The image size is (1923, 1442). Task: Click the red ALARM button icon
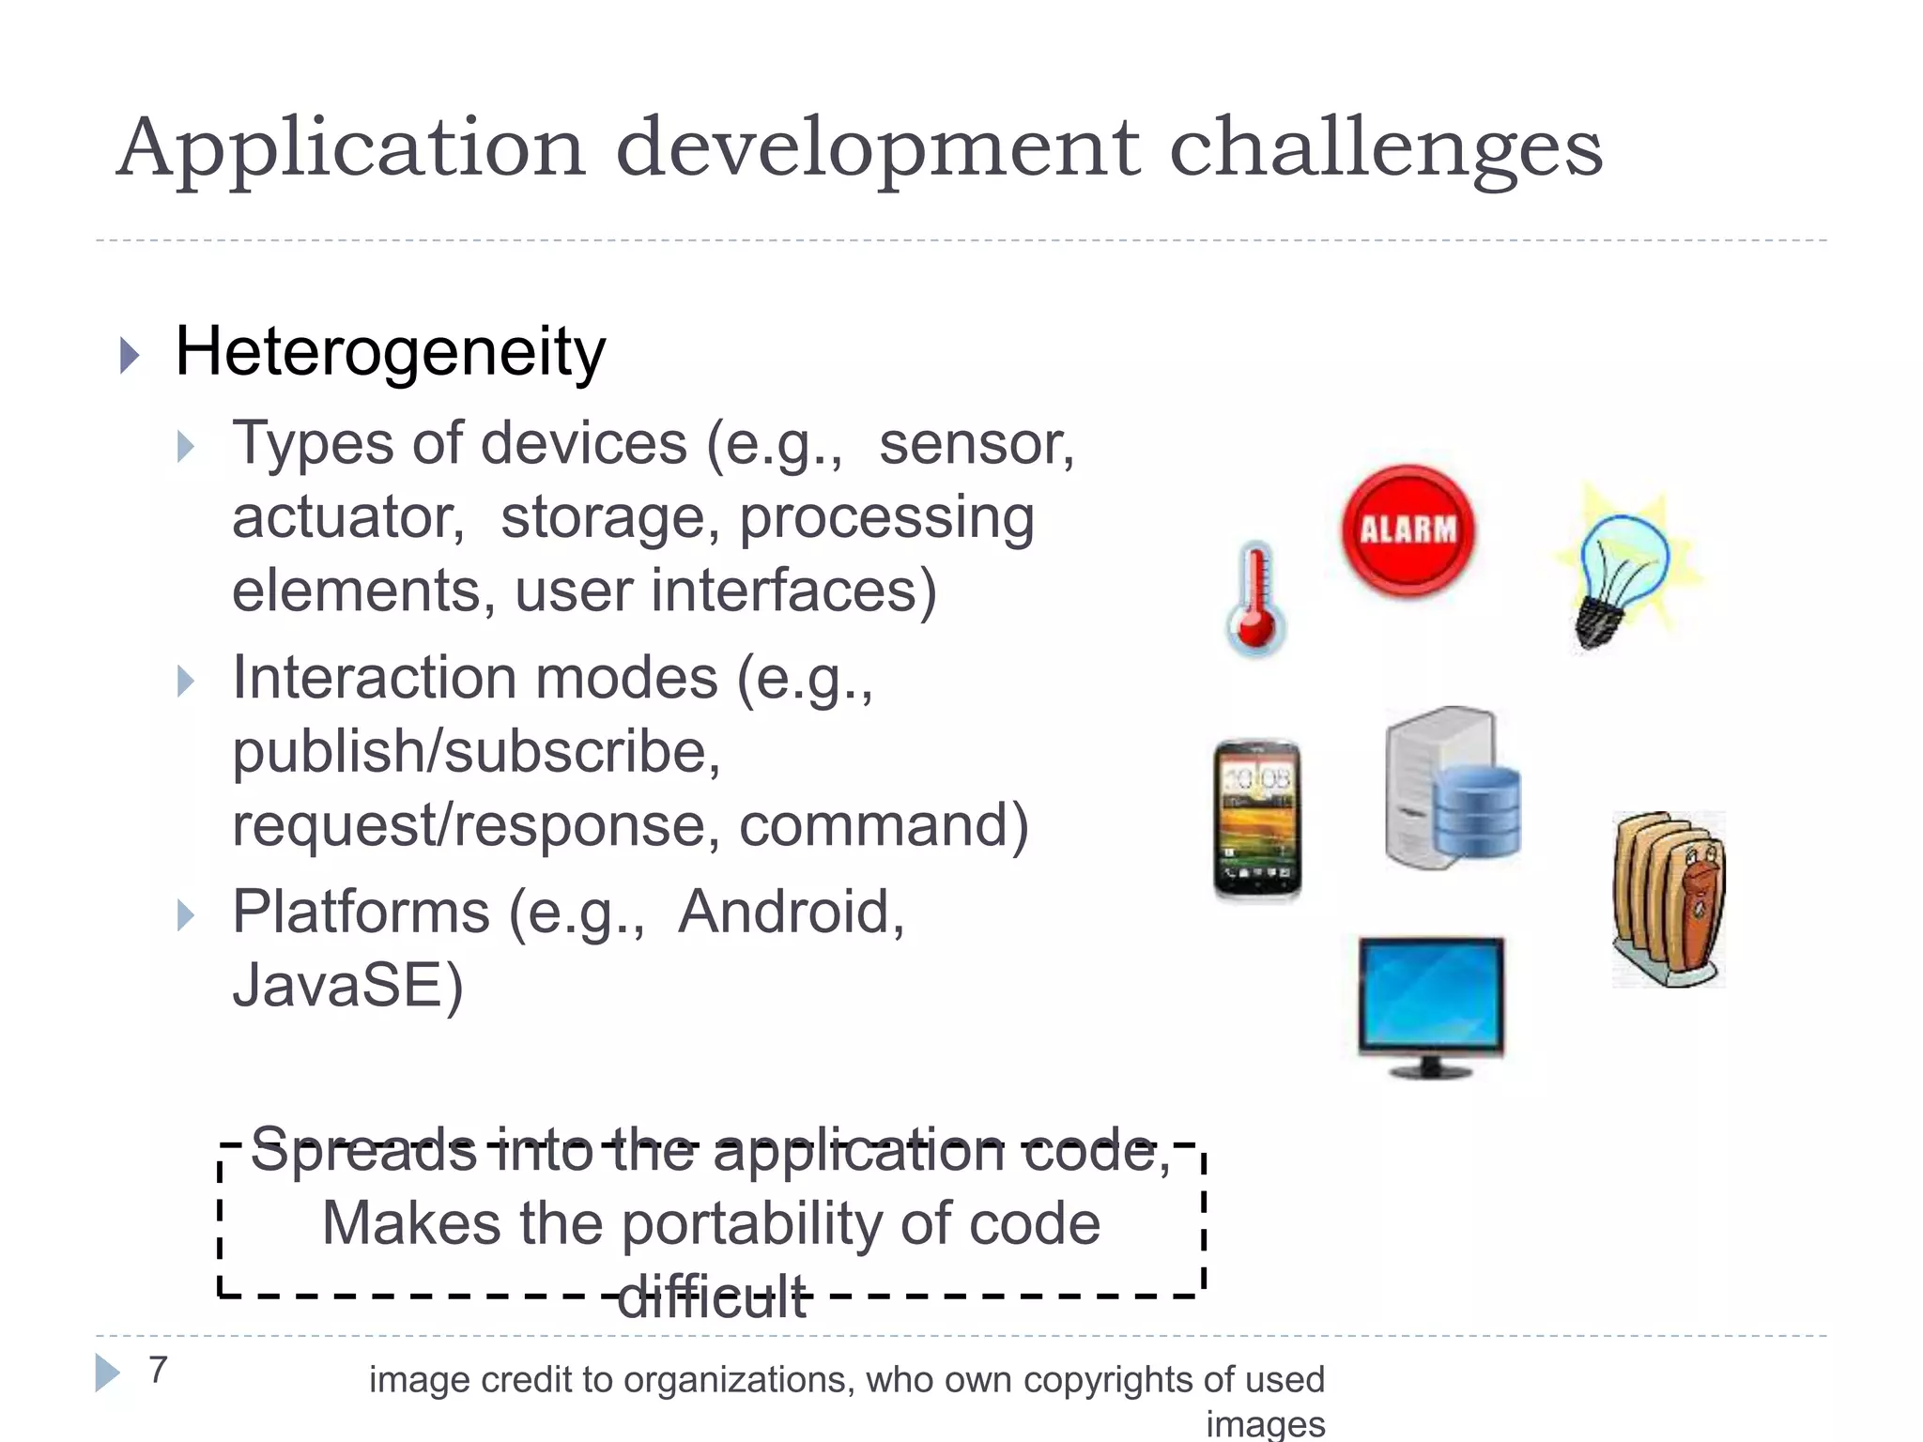coord(1408,530)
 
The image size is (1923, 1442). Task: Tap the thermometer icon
coord(1255,601)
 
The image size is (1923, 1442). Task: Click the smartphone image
coord(1257,820)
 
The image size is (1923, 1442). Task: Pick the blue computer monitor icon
coord(1430,1005)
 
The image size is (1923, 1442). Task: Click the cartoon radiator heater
coord(1669,899)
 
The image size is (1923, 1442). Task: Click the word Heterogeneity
coord(390,352)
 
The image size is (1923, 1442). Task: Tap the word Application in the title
coord(351,148)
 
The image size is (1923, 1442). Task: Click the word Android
coord(791,912)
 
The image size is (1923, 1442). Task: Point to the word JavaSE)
coord(347,986)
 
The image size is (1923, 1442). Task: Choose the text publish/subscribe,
coord(476,752)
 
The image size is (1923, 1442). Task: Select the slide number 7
coord(158,1370)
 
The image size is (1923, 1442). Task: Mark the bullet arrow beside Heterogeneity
coord(130,356)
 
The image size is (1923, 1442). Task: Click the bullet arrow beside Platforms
coord(185,914)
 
